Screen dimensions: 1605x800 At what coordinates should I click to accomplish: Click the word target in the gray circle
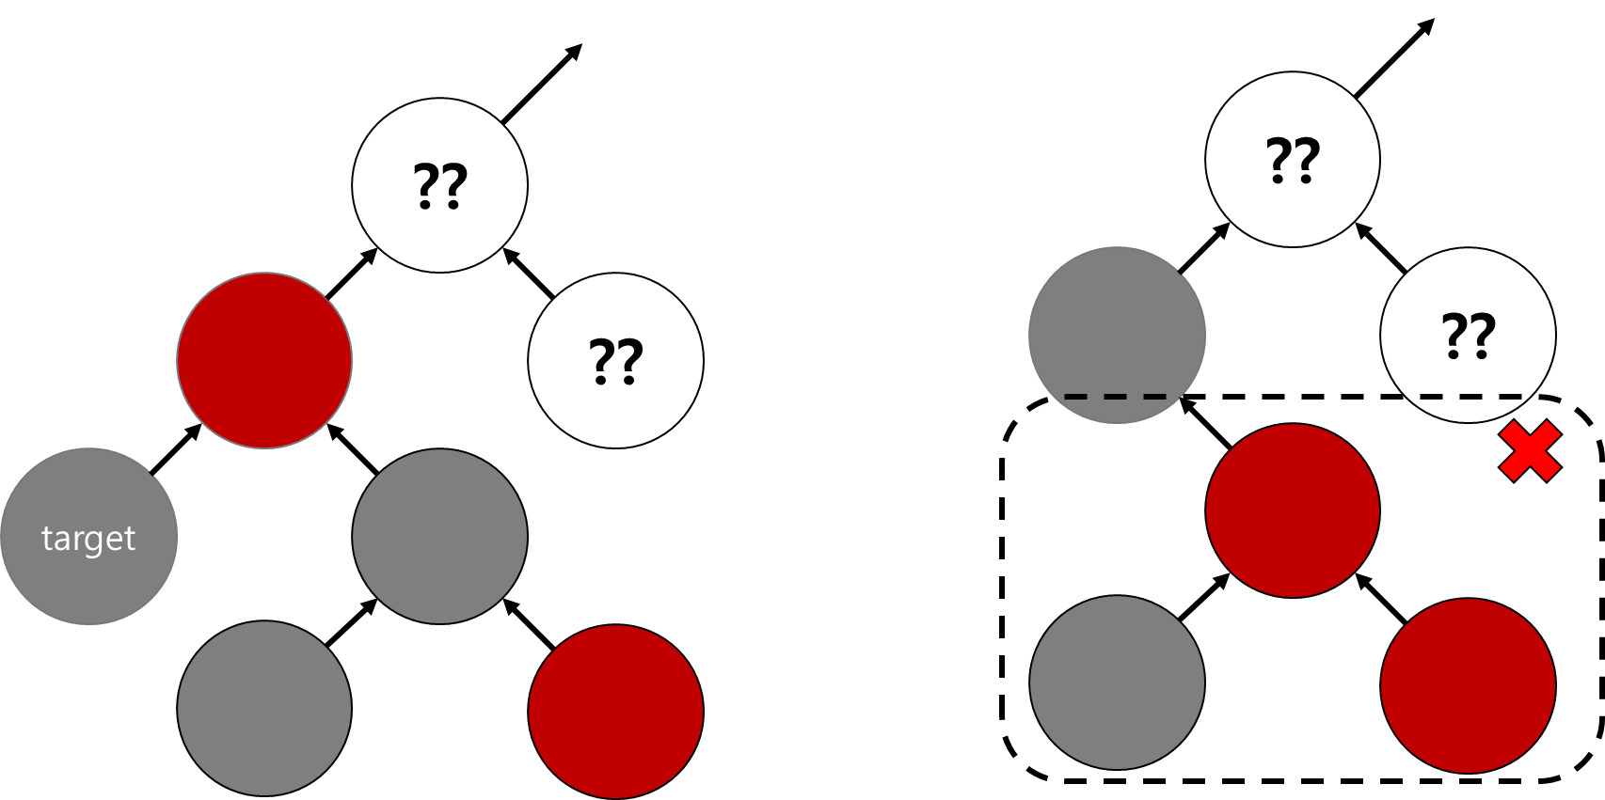pos(88,539)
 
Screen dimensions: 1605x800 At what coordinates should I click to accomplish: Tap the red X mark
pos(1530,451)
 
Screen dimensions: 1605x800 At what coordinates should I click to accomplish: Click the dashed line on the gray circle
pos(1116,397)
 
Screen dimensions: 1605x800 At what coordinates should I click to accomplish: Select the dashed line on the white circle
pos(1470,397)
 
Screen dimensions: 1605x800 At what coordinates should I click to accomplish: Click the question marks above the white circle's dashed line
pos(1469,336)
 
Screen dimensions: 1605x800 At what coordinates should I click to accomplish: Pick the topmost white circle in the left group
pos(439,185)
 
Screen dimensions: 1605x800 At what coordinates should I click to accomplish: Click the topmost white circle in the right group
pos(1293,159)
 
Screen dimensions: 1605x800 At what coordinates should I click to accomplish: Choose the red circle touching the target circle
pos(264,360)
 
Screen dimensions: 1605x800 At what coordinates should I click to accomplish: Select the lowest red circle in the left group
pos(615,712)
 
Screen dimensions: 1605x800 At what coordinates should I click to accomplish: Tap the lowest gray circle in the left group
pos(264,708)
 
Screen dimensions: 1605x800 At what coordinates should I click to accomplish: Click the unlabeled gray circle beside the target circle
pos(439,536)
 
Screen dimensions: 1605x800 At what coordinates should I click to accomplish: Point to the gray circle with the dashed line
pos(1117,320)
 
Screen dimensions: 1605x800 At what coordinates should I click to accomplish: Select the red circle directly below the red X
pos(1468,685)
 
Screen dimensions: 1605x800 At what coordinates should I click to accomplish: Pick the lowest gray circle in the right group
pos(1117,682)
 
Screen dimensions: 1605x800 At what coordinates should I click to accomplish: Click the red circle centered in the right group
pos(1293,510)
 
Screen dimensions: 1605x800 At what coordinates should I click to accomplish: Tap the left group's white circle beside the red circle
pos(615,360)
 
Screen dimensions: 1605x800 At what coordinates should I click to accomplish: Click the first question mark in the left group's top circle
pos(426,185)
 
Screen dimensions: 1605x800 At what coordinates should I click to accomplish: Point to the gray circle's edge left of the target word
pos(5,537)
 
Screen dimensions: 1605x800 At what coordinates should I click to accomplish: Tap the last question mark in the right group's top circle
pos(1307,160)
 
